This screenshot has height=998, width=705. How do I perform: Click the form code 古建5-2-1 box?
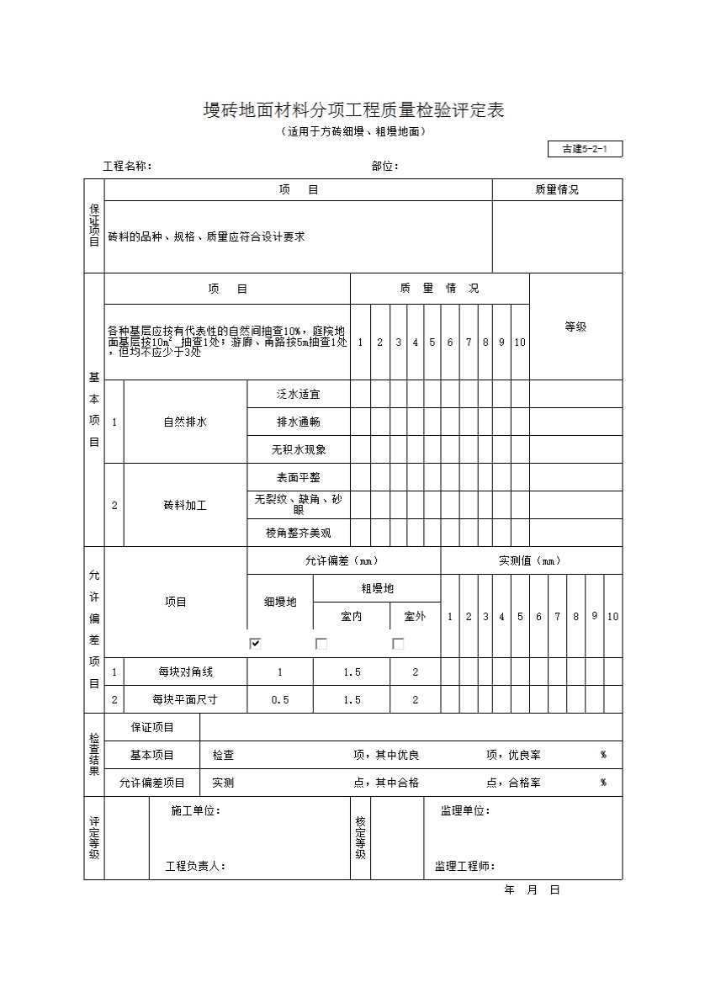tap(585, 150)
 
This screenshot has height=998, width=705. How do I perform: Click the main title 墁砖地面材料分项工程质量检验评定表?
tap(353, 110)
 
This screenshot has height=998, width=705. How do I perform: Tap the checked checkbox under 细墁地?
tap(256, 644)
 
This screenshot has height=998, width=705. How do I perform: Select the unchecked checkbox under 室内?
tap(321, 644)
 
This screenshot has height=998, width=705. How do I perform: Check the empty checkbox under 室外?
tap(398, 644)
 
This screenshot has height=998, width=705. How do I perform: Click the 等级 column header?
tap(575, 326)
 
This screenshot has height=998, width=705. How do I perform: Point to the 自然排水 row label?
tap(185, 422)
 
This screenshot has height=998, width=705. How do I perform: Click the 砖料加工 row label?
tap(185, 505)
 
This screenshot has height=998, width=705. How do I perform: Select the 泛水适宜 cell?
tap(299, 394)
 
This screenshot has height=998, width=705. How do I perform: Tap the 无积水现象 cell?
tap(299, 449)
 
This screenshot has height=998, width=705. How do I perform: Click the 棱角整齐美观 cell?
tap(299, 533)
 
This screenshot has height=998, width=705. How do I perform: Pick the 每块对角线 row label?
tap(185, 672)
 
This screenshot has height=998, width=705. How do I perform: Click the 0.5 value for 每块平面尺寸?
tap(280, 699)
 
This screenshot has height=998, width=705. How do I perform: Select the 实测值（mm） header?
tap(530, 560)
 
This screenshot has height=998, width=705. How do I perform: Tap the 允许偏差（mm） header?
tap(342, 560)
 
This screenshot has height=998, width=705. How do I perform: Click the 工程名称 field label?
tap(127, 166)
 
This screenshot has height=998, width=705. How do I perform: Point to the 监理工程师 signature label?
tap(464, 866)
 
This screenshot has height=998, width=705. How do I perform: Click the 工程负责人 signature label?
tap(195, 866)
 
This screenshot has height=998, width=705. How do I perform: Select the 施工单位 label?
tap(195, 811)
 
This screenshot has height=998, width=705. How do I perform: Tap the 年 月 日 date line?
tap(532, 889)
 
